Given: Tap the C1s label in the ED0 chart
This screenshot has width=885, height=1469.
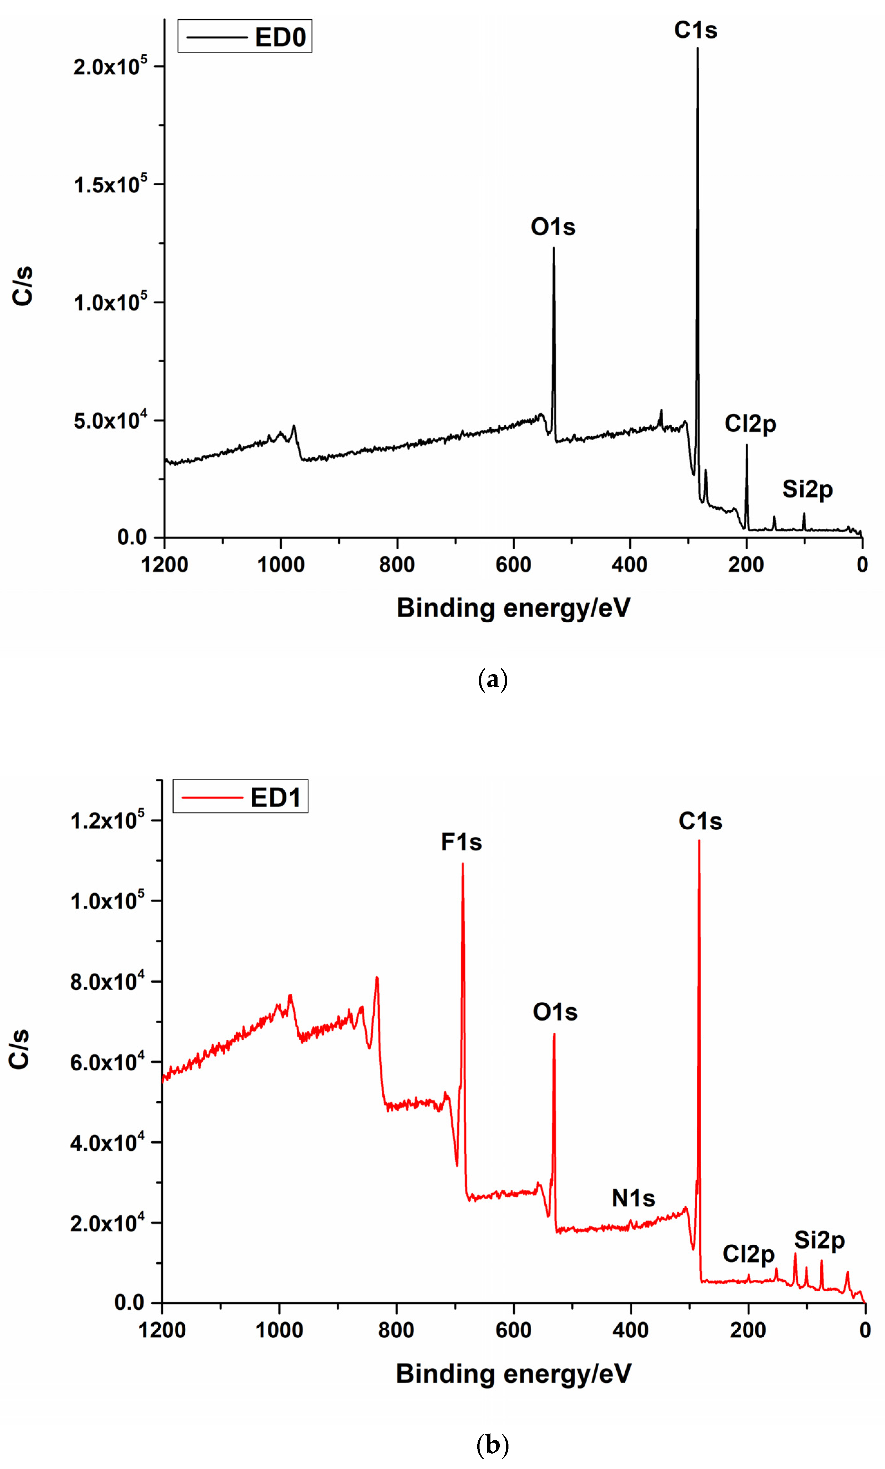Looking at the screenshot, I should [x=695, y=30].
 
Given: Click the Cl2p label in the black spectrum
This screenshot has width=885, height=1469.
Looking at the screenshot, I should [x=750, y=424].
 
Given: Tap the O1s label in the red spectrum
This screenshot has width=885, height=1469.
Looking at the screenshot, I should [x=554, y=1012].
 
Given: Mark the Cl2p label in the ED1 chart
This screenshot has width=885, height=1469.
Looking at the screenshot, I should [x=748, y=1254].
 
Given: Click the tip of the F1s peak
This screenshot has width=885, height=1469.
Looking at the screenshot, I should [x=463, y=864].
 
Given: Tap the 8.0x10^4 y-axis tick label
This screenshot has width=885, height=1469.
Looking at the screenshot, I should [x=107, y=982].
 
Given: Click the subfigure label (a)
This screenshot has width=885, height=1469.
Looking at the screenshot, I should [x=493, y=680].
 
